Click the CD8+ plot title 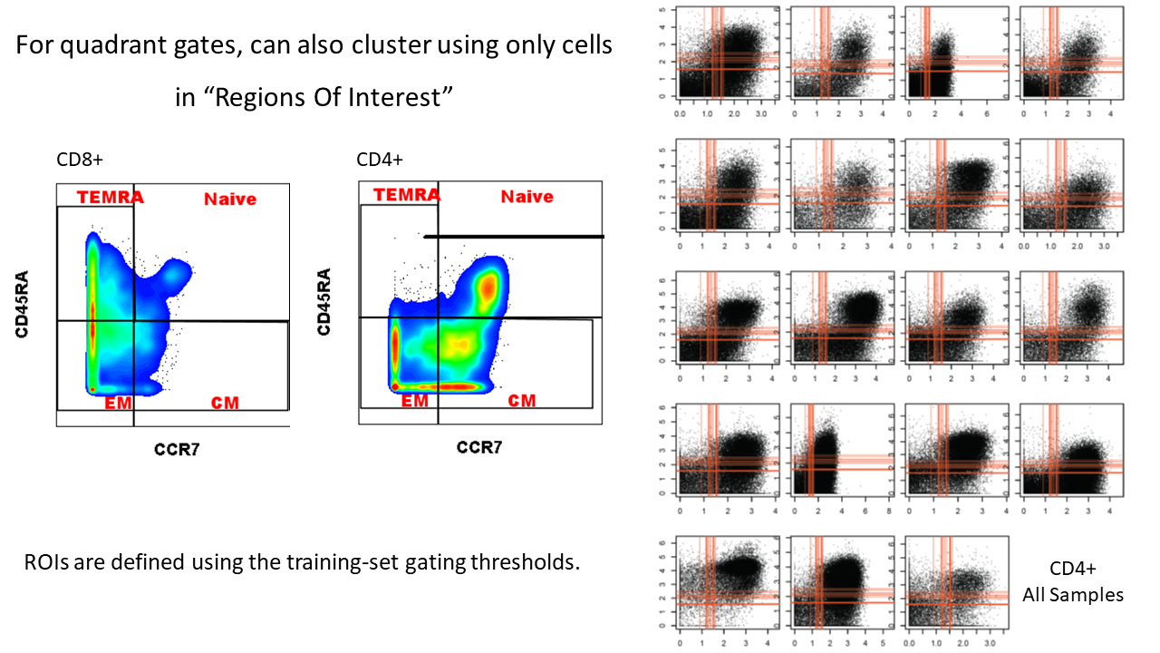coord(80,161)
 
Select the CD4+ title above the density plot coord(380,161)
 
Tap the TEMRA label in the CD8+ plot coord(110,197)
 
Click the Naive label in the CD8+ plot coord(230,199)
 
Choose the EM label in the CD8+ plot coord(118,403)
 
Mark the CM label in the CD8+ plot coord(225,403)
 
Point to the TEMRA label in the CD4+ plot coord(407,195)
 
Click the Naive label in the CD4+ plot coord(527,196)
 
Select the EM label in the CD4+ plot coord(414,400)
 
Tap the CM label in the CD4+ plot coord(521,400)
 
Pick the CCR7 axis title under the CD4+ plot coord(478,447)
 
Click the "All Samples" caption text coord(1073,595)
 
